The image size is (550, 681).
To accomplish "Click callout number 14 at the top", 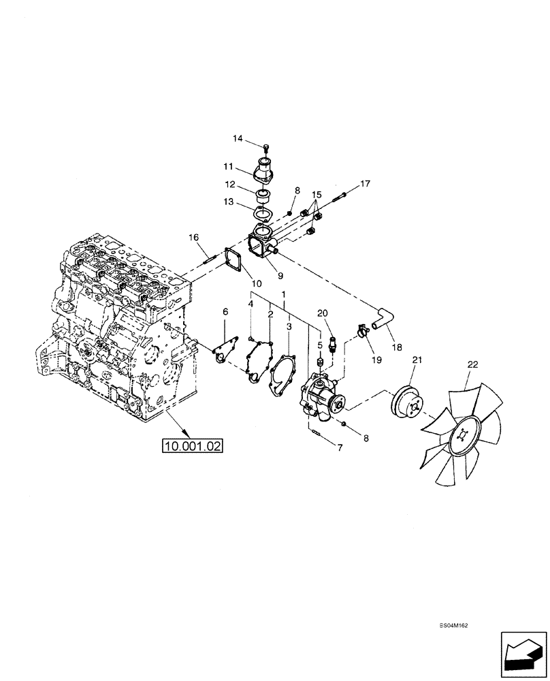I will pos(238,139).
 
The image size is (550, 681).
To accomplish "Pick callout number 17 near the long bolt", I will pos(365,184).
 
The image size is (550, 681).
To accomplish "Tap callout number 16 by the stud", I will pos(194,237).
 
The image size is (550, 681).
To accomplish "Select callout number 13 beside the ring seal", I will pos(229,202).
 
